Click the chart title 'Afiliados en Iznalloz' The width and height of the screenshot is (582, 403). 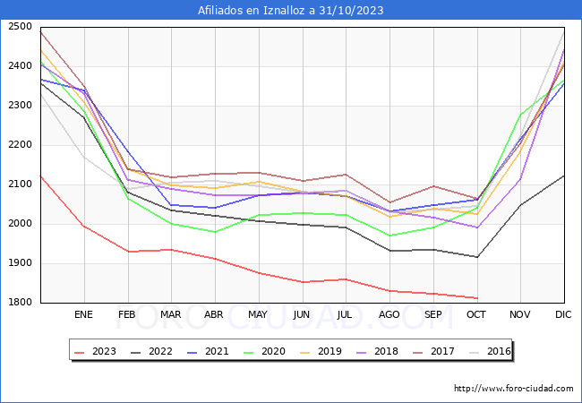tap(291, 11)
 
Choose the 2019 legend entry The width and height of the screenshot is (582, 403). tap(332, 352)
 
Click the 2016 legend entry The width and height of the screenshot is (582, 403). tap(497, 352)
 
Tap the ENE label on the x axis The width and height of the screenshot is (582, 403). tap(83, 315)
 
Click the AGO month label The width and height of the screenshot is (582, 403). tap(389, 315)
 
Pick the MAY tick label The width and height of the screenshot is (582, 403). tap(258, 315)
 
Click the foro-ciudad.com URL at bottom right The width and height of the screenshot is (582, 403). tap(514, 389)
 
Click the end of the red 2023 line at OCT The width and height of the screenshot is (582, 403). tap(477, 298)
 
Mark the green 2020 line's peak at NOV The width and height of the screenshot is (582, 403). tap(520, 115)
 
